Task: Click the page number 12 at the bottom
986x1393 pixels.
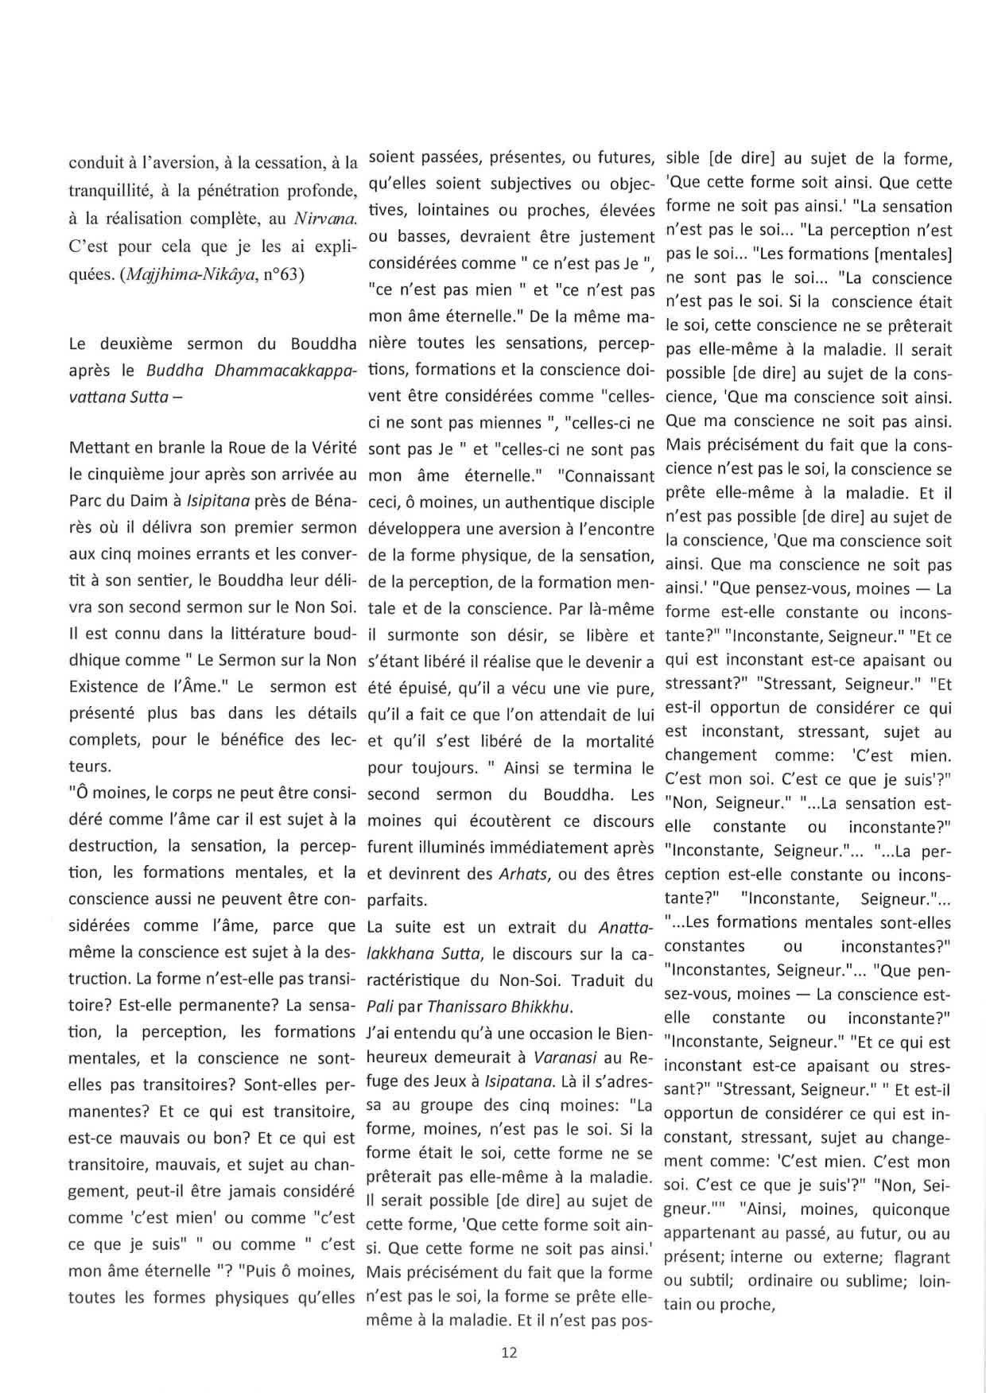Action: click(510, 1352)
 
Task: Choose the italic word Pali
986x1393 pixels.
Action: click(381, 1007)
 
